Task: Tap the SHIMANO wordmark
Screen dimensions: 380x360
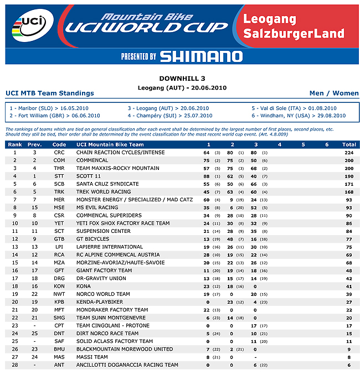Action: pos(200,56)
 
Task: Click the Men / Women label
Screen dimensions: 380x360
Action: pos(333,93)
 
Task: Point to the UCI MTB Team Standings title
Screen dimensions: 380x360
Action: pos(50,93)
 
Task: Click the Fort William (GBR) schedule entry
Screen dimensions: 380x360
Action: pos(55,116)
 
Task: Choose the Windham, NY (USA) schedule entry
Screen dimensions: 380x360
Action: pos(299,116)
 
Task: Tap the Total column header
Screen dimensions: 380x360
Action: pos(349,144)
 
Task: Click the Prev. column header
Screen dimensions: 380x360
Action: pos(34,144)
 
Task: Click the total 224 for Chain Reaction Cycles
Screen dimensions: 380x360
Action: pos(349,152)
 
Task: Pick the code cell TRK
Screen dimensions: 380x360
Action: pos(59,191)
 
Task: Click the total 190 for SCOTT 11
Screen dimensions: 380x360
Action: pos(349,176)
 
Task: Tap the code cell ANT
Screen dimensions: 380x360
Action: pos(59,365)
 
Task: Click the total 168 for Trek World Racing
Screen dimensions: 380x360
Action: pos(349,191)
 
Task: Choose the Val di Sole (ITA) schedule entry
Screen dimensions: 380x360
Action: pos(294,108)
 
